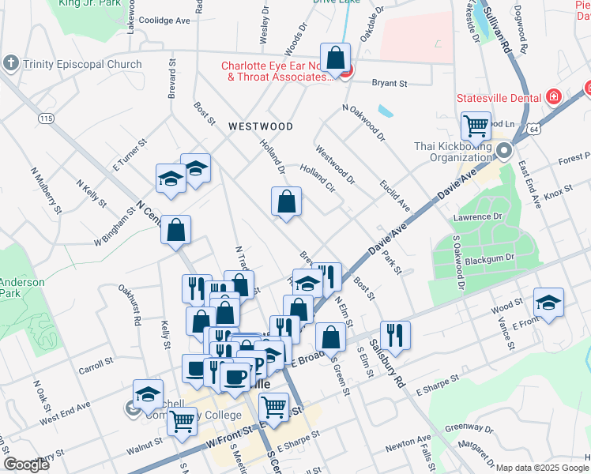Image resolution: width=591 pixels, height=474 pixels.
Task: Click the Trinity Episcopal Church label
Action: pos(83,65)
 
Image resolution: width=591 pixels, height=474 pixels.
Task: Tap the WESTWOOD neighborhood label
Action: pos(261,126)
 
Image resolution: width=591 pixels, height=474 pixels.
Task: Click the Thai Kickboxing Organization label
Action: pos(453,151)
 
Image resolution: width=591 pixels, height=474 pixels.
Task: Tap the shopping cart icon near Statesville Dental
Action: pos(476,124)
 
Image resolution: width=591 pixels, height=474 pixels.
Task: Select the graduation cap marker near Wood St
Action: pos(548,302)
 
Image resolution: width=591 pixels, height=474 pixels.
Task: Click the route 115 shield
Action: pos(47,118)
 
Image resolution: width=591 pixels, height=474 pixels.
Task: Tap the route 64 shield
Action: pos(535,129)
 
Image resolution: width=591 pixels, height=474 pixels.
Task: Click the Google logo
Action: pos(26,465)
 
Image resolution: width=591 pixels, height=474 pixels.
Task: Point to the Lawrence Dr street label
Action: pos(477,216)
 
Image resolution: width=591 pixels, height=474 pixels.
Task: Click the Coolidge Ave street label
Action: pos(164,21)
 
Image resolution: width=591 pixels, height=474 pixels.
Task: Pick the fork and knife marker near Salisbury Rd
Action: pos(394,334)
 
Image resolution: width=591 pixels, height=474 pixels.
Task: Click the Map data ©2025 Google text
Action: pos(542,468)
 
